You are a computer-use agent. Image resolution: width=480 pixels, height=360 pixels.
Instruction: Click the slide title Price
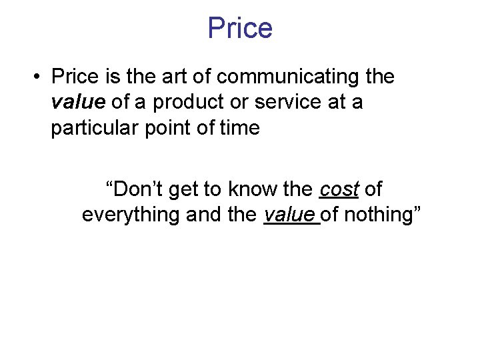[x=240, y=28]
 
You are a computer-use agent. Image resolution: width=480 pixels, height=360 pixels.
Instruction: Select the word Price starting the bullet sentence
[x=74, y=77]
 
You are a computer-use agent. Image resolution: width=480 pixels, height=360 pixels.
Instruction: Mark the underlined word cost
[x=339, y=189]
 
